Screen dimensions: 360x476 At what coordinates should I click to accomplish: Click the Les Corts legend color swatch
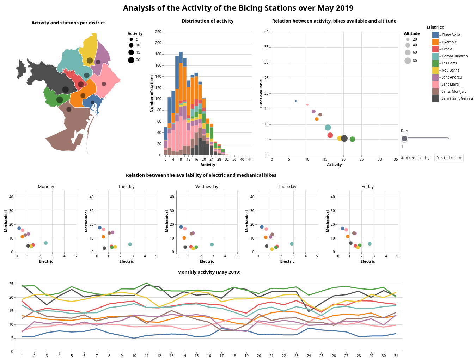435,63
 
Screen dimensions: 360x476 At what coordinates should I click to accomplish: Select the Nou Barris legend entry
450,70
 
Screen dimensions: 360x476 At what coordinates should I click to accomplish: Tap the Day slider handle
404,138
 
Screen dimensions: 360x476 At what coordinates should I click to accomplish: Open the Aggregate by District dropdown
449,158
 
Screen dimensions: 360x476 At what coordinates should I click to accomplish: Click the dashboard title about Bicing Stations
238,8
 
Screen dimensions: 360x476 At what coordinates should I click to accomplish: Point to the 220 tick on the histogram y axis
158,32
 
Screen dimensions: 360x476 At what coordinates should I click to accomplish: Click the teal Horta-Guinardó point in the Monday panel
46,243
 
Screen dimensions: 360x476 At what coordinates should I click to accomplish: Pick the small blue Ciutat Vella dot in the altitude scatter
295,101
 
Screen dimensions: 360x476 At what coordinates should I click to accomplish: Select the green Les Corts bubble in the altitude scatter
352,139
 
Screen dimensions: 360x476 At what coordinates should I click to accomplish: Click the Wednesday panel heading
207,187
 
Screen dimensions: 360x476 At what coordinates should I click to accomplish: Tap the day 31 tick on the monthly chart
396,356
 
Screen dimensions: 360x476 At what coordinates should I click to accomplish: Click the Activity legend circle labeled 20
131,60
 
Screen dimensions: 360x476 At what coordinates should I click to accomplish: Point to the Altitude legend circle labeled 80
408,61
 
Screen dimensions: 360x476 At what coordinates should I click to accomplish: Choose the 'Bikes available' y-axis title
261,93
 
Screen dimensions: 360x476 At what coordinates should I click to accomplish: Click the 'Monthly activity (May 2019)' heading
209,272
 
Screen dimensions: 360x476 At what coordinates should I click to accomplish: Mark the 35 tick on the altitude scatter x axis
396,159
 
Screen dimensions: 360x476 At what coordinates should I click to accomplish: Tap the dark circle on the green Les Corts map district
60,100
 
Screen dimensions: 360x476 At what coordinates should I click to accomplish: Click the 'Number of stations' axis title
152,93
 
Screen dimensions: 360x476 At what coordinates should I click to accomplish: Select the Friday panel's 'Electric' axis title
367,261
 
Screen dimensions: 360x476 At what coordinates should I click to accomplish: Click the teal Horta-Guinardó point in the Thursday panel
292,244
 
